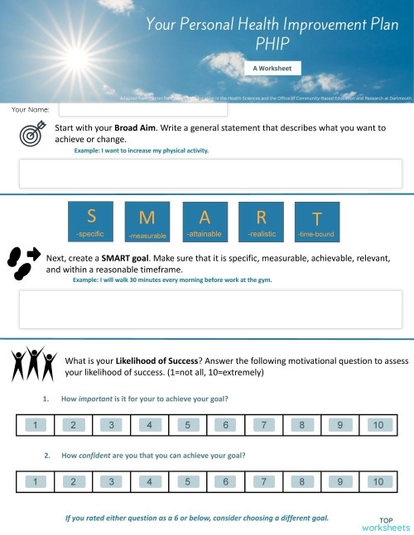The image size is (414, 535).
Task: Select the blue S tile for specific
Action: (89, 222)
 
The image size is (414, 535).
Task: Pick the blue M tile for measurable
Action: (147, 223)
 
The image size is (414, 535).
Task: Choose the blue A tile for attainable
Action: (204, 222)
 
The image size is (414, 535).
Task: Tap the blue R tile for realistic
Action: (261, 222)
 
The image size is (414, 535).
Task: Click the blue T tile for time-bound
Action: (316, 222)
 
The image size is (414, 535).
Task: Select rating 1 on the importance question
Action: (36, 425)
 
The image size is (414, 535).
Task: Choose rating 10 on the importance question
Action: (378, 425)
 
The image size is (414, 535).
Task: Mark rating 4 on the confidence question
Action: (150, 481)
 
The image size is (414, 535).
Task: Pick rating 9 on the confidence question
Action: (339, 481)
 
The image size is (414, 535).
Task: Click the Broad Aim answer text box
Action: (209, 174)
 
